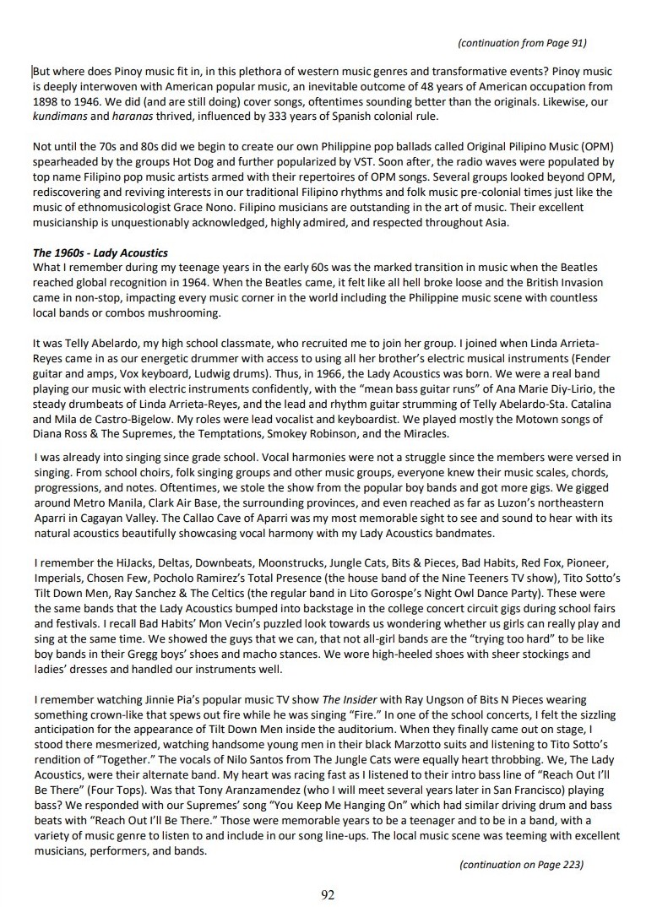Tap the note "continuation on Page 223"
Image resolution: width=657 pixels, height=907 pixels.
point(521,864)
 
